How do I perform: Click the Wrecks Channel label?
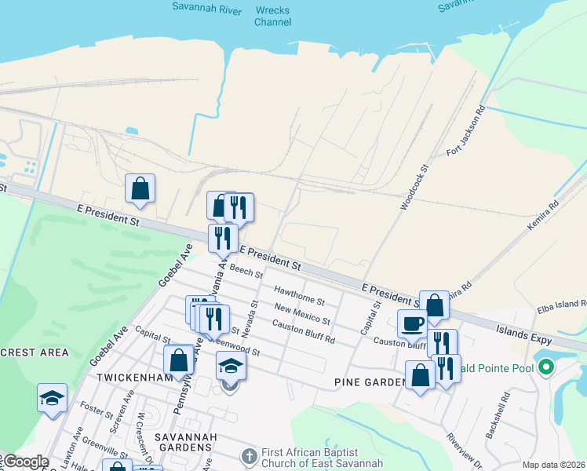[x=272, y=16]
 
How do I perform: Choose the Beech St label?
[x=246, y=272]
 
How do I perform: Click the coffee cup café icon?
[x=412, y=322]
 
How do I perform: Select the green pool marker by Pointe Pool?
[x=545, y=367]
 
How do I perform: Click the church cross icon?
[x=249, y=456]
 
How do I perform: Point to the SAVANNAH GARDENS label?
[x=184, y=436]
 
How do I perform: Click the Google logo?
[x=24, y=462]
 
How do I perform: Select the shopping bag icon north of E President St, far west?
[x=140, y=188]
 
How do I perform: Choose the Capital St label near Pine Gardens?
[x=370, y=317]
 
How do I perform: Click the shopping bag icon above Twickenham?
[x=179, y=360]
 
